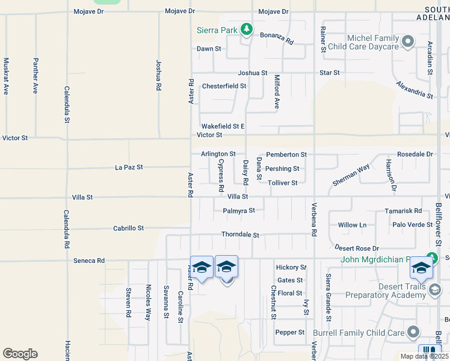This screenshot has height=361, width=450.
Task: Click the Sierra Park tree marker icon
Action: coord(246,29)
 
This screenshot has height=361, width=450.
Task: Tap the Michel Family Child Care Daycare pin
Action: coord(408,42)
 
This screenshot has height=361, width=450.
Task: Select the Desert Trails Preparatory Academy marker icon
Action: coord(435,291)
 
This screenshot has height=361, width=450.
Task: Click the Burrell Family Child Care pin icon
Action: coord(413,332)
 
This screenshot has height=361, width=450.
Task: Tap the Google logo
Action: coord(20,354)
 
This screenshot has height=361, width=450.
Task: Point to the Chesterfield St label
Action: coord(224,86)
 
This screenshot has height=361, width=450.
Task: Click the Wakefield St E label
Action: coord(223,126)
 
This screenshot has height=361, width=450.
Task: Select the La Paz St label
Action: coord(129,167)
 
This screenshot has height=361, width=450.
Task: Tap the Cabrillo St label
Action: coord(129,229)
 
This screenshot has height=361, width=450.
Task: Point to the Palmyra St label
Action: coord(239,211)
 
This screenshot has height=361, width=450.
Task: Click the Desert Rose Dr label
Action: coord(357,248)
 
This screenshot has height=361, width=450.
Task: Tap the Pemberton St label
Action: coord(286,155)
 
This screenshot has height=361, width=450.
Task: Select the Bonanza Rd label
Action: coord(276,39)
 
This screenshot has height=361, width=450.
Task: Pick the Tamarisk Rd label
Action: coord(403,211)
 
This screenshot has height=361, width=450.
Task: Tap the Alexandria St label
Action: coord(415,90)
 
